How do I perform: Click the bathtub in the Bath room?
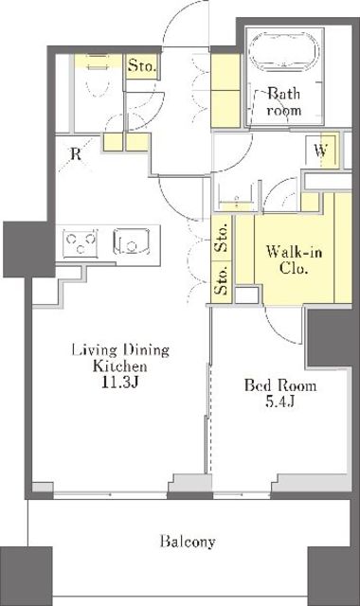click(284, 51)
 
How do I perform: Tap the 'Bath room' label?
click(284, 102)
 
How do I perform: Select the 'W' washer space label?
click(320, 151)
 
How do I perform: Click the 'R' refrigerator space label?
click(76, 154)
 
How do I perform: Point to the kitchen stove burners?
click(81, 242)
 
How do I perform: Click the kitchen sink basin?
click(132, 242)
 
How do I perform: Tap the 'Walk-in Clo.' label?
click(294, 260)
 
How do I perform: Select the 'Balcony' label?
click(188, 542)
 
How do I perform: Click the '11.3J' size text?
click(120, 383)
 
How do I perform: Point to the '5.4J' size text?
click(280, 401)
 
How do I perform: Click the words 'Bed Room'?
click(280, 385)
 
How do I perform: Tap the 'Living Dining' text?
click(120, 349)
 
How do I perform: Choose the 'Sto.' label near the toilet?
click(142, 65)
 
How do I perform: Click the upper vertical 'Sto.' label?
click(222, 239)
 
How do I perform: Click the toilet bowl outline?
click(95, 83)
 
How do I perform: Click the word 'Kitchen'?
click(120, 366)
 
